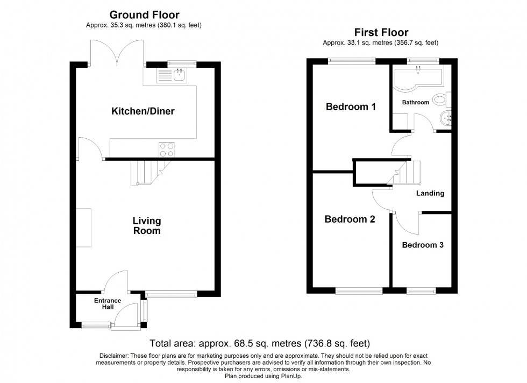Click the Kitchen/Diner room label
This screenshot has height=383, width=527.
143,111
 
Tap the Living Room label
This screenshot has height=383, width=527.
147,226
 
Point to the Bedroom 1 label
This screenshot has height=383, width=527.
351,107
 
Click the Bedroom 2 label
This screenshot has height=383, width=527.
350,219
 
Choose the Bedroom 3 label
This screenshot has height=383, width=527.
423,245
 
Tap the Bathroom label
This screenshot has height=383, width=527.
416,102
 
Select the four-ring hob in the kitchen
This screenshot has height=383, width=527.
166,149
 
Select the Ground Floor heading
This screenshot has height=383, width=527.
144,15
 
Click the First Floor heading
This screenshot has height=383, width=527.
381,33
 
